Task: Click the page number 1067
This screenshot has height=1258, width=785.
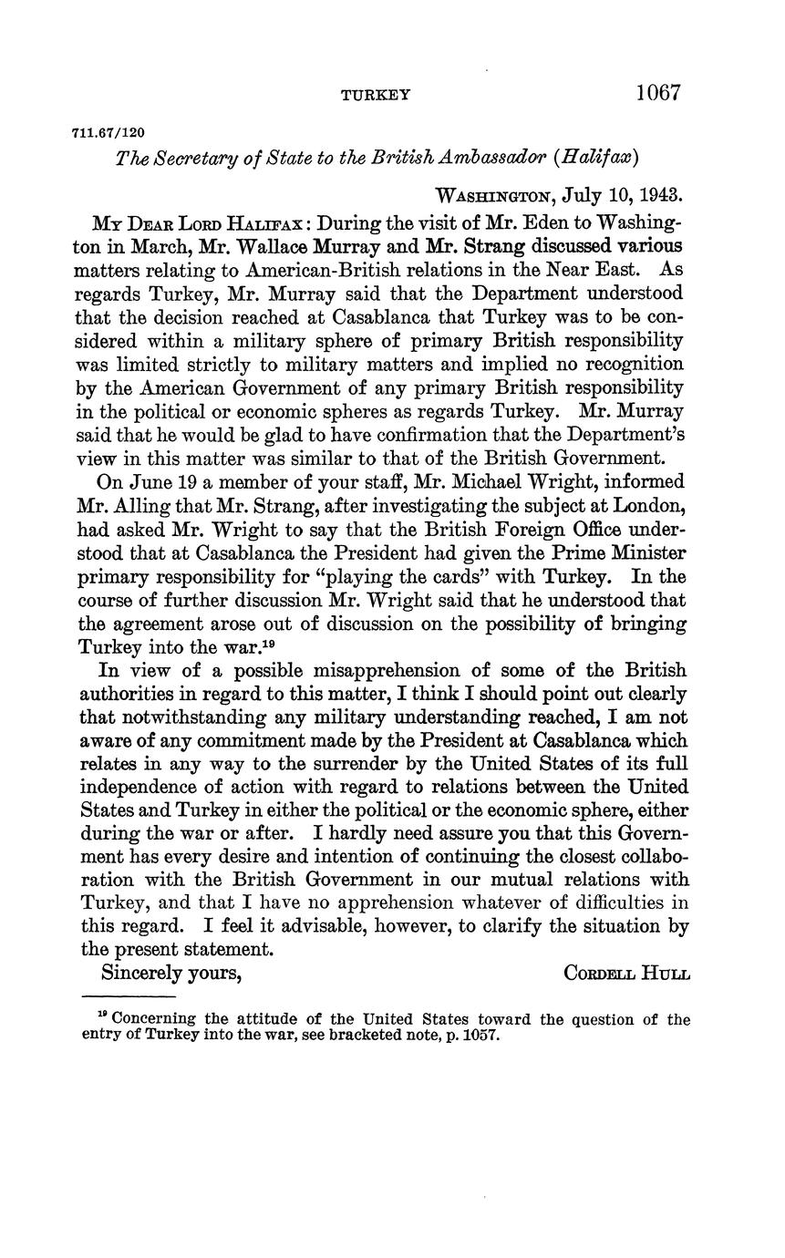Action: pyautogui.click(x=658, y=92)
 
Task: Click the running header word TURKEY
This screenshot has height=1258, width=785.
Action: pyautogui.click(x=376, y=95)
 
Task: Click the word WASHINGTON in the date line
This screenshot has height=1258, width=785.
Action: pyautogui.click(x=496, y=195)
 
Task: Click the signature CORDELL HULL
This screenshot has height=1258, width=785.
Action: pyautogui.click(x=627, y=973)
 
